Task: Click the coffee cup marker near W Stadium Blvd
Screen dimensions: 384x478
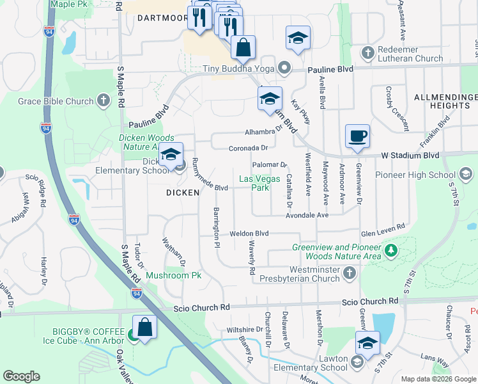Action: (x=358, y=136)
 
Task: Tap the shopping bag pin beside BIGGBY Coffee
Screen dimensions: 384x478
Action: (x=145, y=327)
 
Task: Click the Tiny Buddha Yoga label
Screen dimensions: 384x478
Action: (x=238, y=69)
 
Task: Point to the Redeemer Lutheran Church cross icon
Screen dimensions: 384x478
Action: (x=367, y=52)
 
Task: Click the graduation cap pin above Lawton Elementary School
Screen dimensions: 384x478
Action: (x=367, y=343)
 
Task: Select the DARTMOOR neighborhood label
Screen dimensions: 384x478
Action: (x=162, y=19)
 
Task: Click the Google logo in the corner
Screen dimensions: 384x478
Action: (x=22, y=376)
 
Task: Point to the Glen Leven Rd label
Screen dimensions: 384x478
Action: (x=383, y=227)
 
